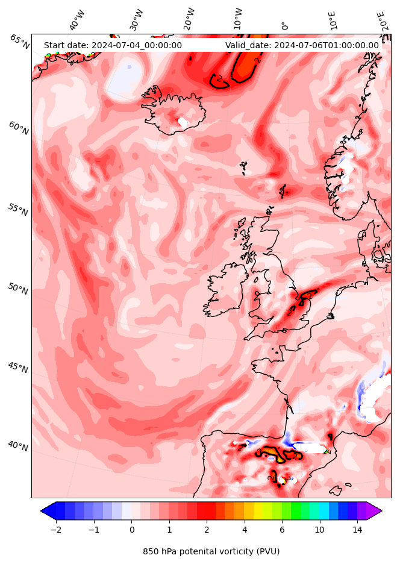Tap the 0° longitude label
coord(284,26)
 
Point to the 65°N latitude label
coord(19,41)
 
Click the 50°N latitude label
coord(17,289)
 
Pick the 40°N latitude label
coord(17,446)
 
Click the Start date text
coord(113,45)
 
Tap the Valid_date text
coord(302,45)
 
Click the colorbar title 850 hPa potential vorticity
coord(211,551)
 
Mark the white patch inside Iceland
coord(182,122)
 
